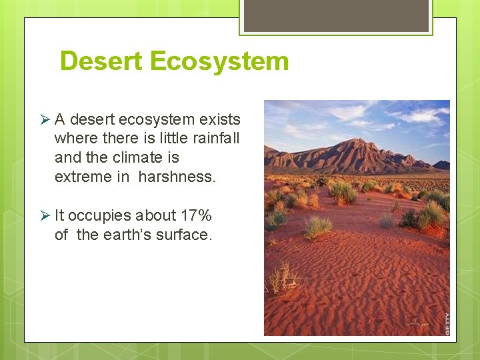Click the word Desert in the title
(102, 61)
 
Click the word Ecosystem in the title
(219, 61)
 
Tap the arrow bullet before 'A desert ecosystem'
(45, 120)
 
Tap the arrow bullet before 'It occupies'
(45, 216)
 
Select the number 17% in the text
(196, 216)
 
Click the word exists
(221, 120)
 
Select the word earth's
(127, 235)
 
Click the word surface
(183, 235)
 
